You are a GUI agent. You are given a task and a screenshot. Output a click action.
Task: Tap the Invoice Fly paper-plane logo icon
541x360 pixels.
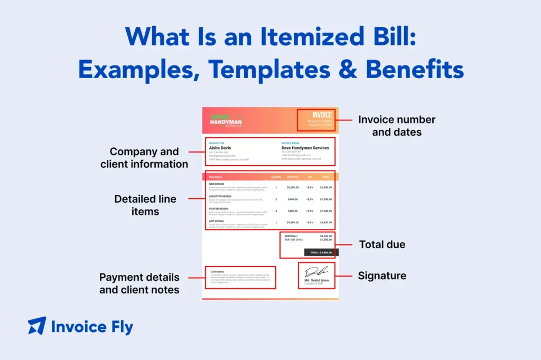point(37,326)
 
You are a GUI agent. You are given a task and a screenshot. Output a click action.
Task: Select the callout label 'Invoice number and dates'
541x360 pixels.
point(396,126)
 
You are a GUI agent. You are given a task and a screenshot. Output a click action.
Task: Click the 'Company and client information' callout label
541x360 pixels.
point(144,158)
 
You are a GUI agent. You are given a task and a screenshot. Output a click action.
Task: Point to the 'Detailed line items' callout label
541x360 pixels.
point(145,205)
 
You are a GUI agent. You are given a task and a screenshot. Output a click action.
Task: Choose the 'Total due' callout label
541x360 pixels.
point(382,244)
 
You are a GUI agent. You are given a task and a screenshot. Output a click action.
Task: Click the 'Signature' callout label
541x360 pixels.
point(382,276)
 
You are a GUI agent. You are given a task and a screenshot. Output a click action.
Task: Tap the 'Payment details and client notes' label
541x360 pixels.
point(139,283)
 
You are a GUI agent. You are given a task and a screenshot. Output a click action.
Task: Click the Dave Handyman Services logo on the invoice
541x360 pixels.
point(226,121)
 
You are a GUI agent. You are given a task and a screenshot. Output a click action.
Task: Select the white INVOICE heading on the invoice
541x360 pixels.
point(322,115)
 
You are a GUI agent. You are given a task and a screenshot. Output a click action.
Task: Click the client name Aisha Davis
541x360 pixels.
point(220,148)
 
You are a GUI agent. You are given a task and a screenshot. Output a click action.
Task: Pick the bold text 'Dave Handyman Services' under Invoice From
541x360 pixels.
point(305,148)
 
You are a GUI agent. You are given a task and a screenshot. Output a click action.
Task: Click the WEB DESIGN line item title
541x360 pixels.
point(217,184)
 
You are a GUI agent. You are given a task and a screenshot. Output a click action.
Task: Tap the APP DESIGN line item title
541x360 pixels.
point(216,221)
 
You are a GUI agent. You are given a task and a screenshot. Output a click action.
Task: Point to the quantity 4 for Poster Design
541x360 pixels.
point(276,211)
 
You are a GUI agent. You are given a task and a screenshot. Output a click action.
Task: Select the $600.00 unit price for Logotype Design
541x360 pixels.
point(292,199)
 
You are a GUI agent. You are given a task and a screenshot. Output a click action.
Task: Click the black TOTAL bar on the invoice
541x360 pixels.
point(321,252)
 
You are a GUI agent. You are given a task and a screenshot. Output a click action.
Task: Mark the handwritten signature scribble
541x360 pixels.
point(316,271)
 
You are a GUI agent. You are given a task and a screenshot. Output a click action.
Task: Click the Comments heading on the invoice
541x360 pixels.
point(217,271)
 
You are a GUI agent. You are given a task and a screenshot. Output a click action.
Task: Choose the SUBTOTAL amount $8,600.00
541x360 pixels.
point(326,236)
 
